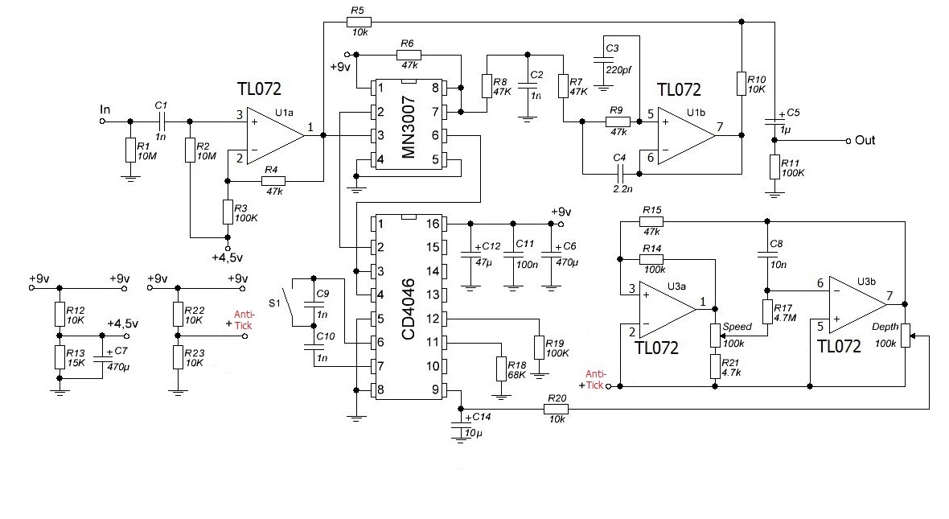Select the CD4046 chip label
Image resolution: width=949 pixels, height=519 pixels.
pyautogui.click(x=408, y=307)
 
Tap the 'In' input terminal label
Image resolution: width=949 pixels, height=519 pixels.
pyautogui.click(x=105, y=109)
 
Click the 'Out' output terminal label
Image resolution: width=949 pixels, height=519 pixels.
pyautogui.click(x=865, y=140)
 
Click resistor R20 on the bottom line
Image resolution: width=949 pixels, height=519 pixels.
pyautogui.click(x=556, y=409)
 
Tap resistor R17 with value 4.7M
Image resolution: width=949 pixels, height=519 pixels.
pyautogui.click(x=767, y=311)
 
